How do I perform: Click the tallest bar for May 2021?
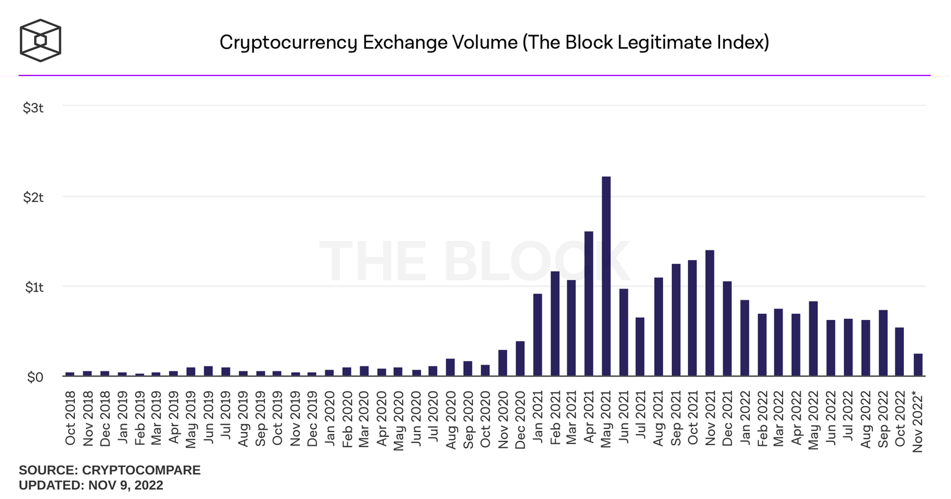(606, 276)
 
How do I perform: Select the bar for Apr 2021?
(589, 303)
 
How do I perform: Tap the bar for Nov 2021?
(710, 313)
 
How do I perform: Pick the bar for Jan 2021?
(537, 335)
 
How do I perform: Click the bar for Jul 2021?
(640, 347)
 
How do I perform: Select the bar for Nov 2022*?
(918, 365)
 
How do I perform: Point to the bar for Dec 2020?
(520, 358)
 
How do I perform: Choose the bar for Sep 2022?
(883, 343)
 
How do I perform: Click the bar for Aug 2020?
(450, 367)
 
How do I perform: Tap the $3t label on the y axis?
(33, 108)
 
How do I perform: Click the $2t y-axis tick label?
(33, 197)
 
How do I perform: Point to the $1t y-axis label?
(33, 287)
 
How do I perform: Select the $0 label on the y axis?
(35, 377)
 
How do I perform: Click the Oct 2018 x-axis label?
(70, 417)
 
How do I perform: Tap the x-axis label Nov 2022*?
(918, 420)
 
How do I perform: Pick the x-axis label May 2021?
(606, 417)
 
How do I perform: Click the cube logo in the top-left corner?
(40, 41)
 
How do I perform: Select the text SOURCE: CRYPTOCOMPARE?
(110, 470)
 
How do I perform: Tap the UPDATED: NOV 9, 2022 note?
(91, 485)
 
